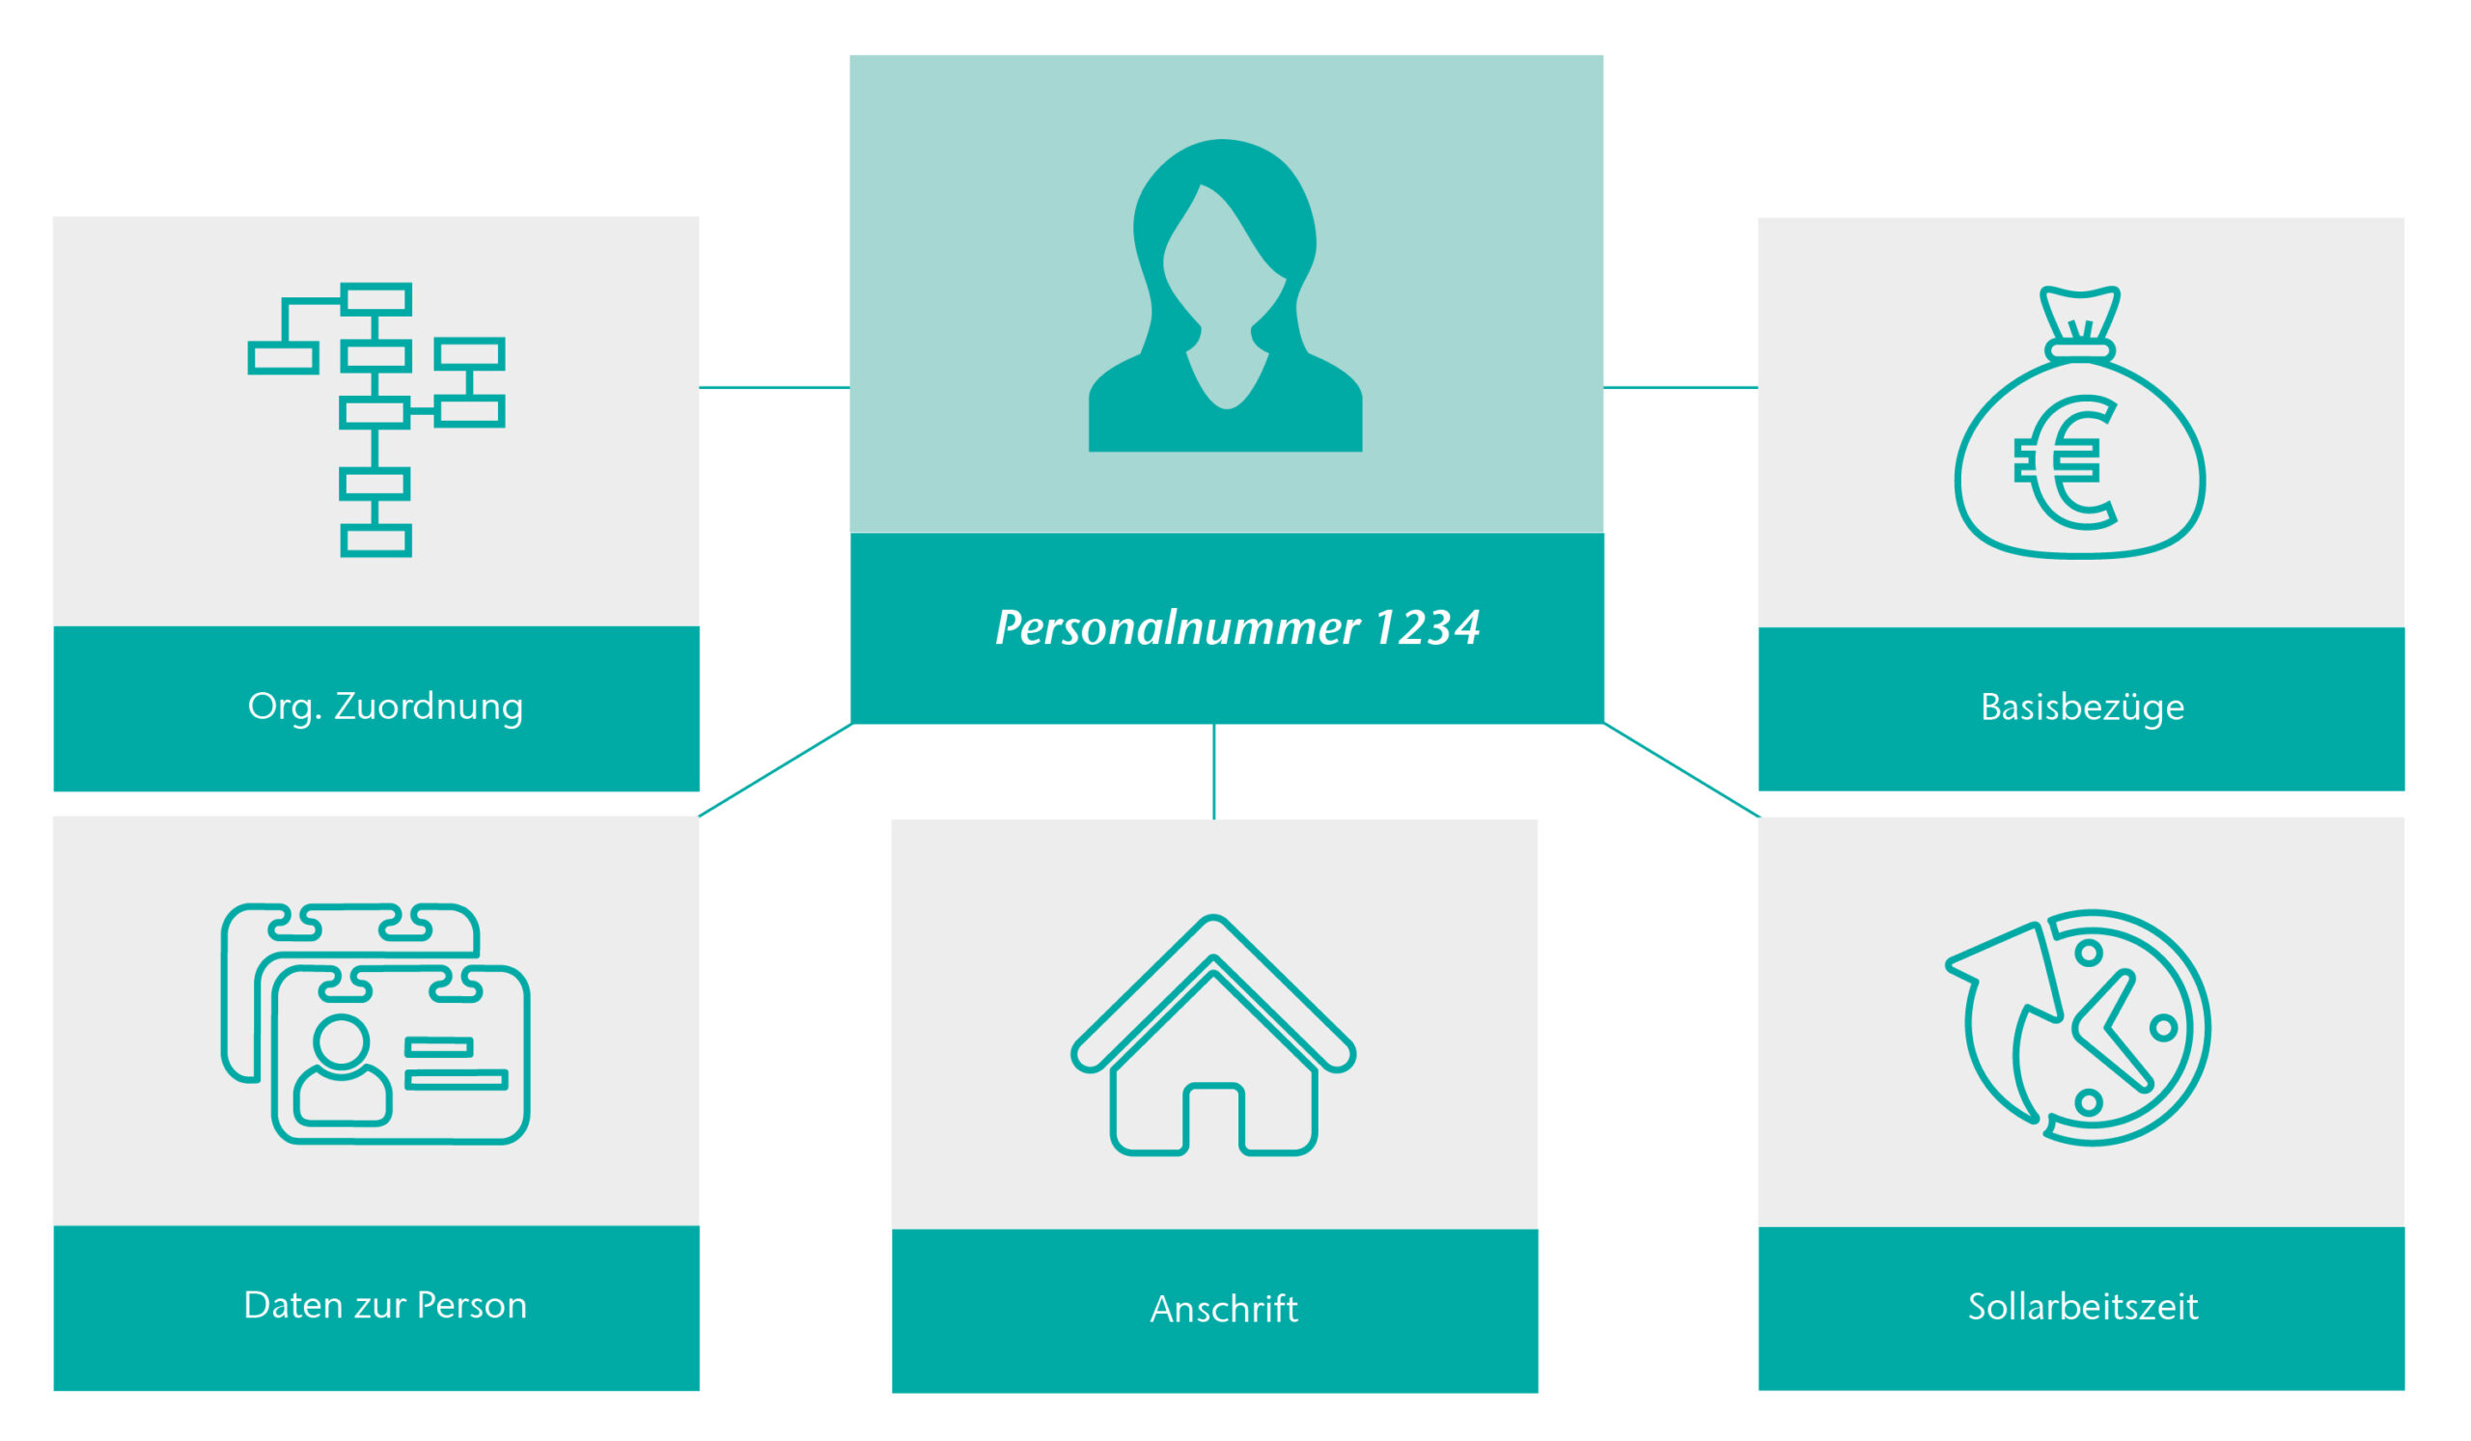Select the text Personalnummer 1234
point(1236,628)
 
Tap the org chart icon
point(376,420)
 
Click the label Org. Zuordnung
point(385,707)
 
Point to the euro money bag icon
point(2080,423)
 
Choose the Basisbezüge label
point(2083,707)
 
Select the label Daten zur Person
point(385,1306)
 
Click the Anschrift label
point(1224,1310)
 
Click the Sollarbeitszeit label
point(2083,1307)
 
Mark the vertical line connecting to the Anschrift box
point(1214,770)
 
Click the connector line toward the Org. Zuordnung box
point(774,387)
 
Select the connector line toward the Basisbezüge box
point(1680,387)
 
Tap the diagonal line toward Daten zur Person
point(775,769)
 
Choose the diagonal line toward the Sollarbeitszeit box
point(1681,769)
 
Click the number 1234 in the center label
point(1427,627)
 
